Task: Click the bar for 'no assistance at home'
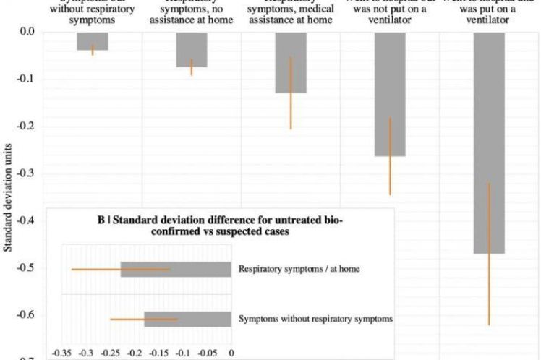[x=192, y=49]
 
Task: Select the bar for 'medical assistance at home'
[x=291, y=62]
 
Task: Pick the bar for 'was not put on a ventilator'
[x=390, y=94]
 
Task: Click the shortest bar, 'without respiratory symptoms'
[x=93, y=40]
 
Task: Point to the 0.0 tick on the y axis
[x=26, y=32]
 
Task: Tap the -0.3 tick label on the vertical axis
[x=26, y=173]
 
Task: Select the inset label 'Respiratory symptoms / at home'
[x=299, y=269]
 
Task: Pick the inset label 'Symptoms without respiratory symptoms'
[x=315, y=319]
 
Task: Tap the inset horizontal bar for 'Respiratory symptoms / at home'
[x=176, y=269]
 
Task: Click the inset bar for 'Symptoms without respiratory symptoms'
[x=187, y=319]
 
